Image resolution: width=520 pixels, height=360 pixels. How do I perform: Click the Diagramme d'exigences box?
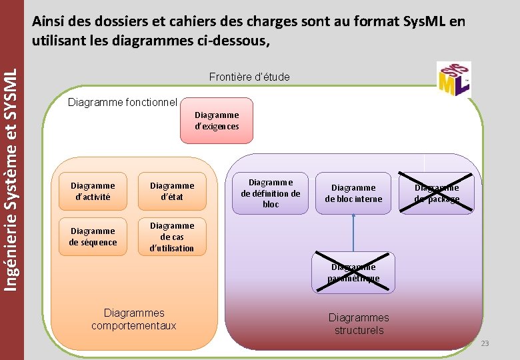217,121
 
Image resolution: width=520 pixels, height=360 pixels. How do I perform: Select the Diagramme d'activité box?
93,191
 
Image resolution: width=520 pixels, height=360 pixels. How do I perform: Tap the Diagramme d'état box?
172,191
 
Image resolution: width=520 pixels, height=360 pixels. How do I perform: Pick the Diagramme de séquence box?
93,236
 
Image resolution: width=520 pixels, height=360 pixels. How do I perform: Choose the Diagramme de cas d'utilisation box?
172,237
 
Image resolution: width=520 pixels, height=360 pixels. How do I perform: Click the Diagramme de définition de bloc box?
271,193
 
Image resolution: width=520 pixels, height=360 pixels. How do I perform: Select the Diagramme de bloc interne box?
353,193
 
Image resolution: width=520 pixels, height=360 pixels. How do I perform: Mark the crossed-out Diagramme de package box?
437,193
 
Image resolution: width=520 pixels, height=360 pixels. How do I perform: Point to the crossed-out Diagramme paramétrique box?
353,273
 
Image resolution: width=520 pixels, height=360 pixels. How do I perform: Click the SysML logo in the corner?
454,79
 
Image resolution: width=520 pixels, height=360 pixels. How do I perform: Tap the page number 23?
485,343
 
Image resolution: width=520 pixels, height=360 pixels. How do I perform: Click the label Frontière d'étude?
249,77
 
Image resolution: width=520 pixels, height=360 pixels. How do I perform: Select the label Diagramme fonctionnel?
123,102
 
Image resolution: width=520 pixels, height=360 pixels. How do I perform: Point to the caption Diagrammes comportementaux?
134,319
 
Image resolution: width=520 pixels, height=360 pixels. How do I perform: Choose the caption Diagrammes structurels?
359,324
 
